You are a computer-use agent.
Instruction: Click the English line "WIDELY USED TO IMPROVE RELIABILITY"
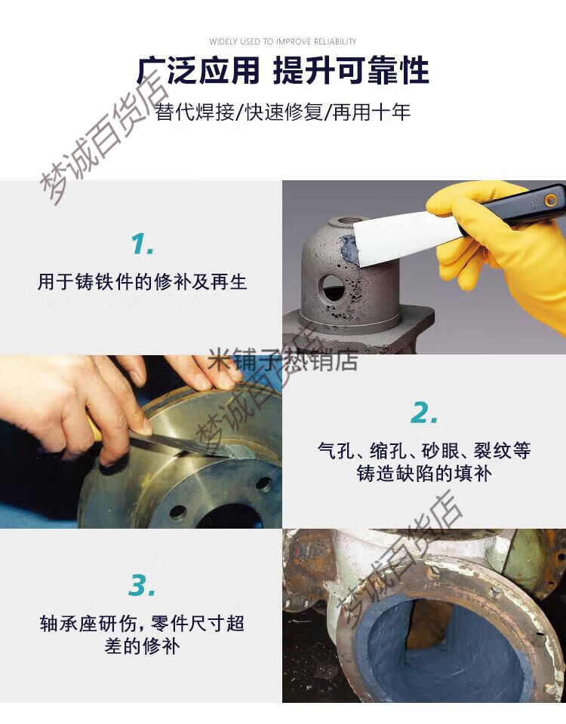pyautogui.click(x=283, y=41)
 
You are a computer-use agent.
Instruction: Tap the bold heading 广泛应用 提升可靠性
pyautogui.click(x=283, y=71)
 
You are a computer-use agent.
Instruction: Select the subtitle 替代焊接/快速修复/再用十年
pyautogui.click(x=283, y=112)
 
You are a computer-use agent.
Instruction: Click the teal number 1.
pyautogui.click(x=143, y=244)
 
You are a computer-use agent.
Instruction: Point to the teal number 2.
pyautogui.click(x=424, y=413)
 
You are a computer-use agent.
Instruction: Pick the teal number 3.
pyautogui.click(x=142, y=585)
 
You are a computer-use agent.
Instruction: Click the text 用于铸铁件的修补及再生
pyautogui.click(x=143, y=281)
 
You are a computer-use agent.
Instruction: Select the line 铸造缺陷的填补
pyautogui.click(x=424, y=474)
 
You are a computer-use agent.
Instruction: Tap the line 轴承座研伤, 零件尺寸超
pyautogui.click(x=142, y=624)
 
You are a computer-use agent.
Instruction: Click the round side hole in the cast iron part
pyautogui.click(x=332, y=287)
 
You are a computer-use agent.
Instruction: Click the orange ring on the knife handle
pyautogui.click(x=550, y=199)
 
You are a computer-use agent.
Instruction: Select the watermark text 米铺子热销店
pyautogui.click(x=283, y=360)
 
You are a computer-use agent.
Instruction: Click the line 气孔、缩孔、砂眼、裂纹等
pyautogui.click(x=424, y=450)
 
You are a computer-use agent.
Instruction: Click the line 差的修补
pyautogui.click(x=142, y=646)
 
